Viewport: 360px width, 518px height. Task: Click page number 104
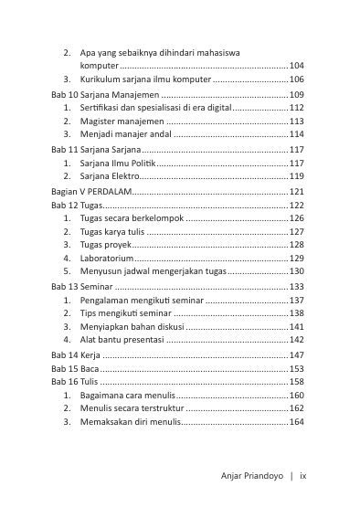tap(296, 67)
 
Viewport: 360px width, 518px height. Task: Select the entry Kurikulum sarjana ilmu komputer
tap(144, 80)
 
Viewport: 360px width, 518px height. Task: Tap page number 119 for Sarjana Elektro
tap(296, 176)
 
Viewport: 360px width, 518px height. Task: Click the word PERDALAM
tap(112, 192)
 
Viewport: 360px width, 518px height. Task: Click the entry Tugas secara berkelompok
tap(132, 219)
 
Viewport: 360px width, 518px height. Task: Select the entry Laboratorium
tap(110, 259)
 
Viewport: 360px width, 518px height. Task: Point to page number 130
tap(296, 272)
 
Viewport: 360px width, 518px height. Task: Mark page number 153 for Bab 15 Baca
tap(296, 368)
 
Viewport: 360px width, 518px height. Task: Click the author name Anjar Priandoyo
tap(252, 476)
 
